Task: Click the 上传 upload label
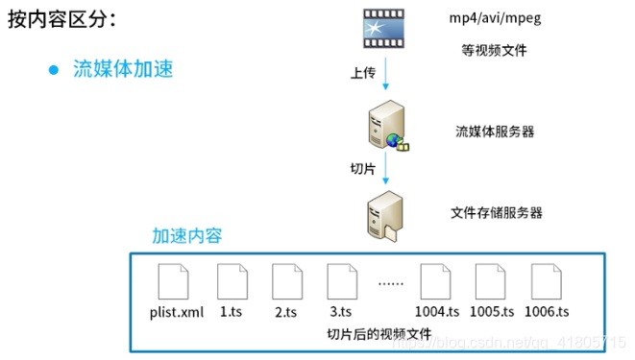click(363, 73)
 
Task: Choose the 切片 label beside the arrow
click(363, 168)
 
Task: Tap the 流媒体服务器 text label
click(495, 131)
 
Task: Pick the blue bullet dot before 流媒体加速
click(54, 70)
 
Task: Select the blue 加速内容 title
click(186, 236)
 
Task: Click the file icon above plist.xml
click(172, 282)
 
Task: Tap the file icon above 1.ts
click(232, 282)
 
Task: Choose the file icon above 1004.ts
click(438, 282)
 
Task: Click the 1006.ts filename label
click(547, 312)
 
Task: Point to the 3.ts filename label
click(341, 312)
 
